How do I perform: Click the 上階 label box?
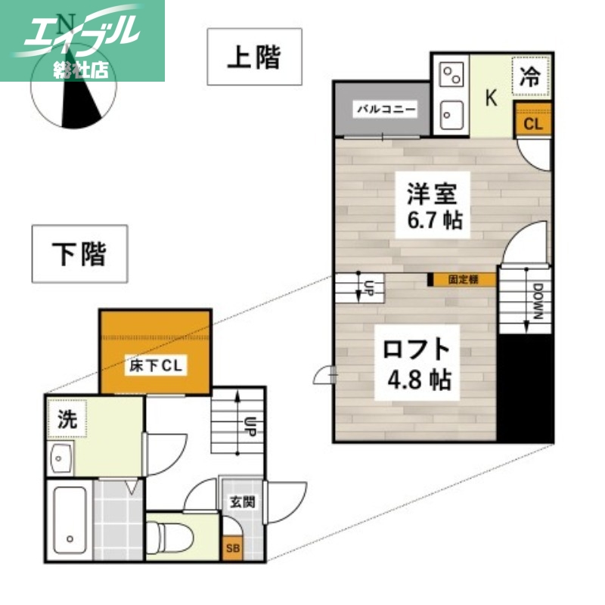[x=255, y=57]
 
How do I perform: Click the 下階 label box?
[x=79, y=253]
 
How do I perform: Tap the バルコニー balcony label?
[x=386, y=109]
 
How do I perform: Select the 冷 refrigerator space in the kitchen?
[x=532, y=76]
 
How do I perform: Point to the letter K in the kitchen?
[x=491, y=98]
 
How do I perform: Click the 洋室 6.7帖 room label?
[x=433, y=206]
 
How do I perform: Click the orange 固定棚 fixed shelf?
[x=463, y=279]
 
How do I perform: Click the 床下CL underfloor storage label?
[x=155, y=366]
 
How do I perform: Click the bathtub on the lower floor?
[x=69, y=523]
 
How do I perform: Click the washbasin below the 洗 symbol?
[x=60, y=458]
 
